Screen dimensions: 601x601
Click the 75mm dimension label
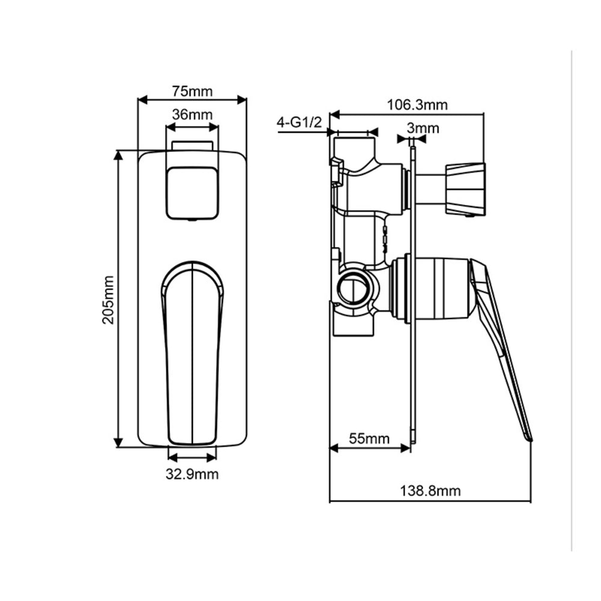point(192,91)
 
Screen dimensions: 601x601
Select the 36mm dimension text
point(192,114)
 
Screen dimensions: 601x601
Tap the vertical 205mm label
point(108,299)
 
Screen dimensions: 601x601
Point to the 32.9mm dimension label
point(192,474)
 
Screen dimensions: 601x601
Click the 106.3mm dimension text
point(417,105)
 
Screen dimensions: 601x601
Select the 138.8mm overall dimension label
point(430,491)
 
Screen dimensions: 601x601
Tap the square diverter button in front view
point(192,192)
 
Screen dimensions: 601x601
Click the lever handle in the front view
point(192,352)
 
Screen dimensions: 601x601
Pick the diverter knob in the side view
point(465,188)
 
